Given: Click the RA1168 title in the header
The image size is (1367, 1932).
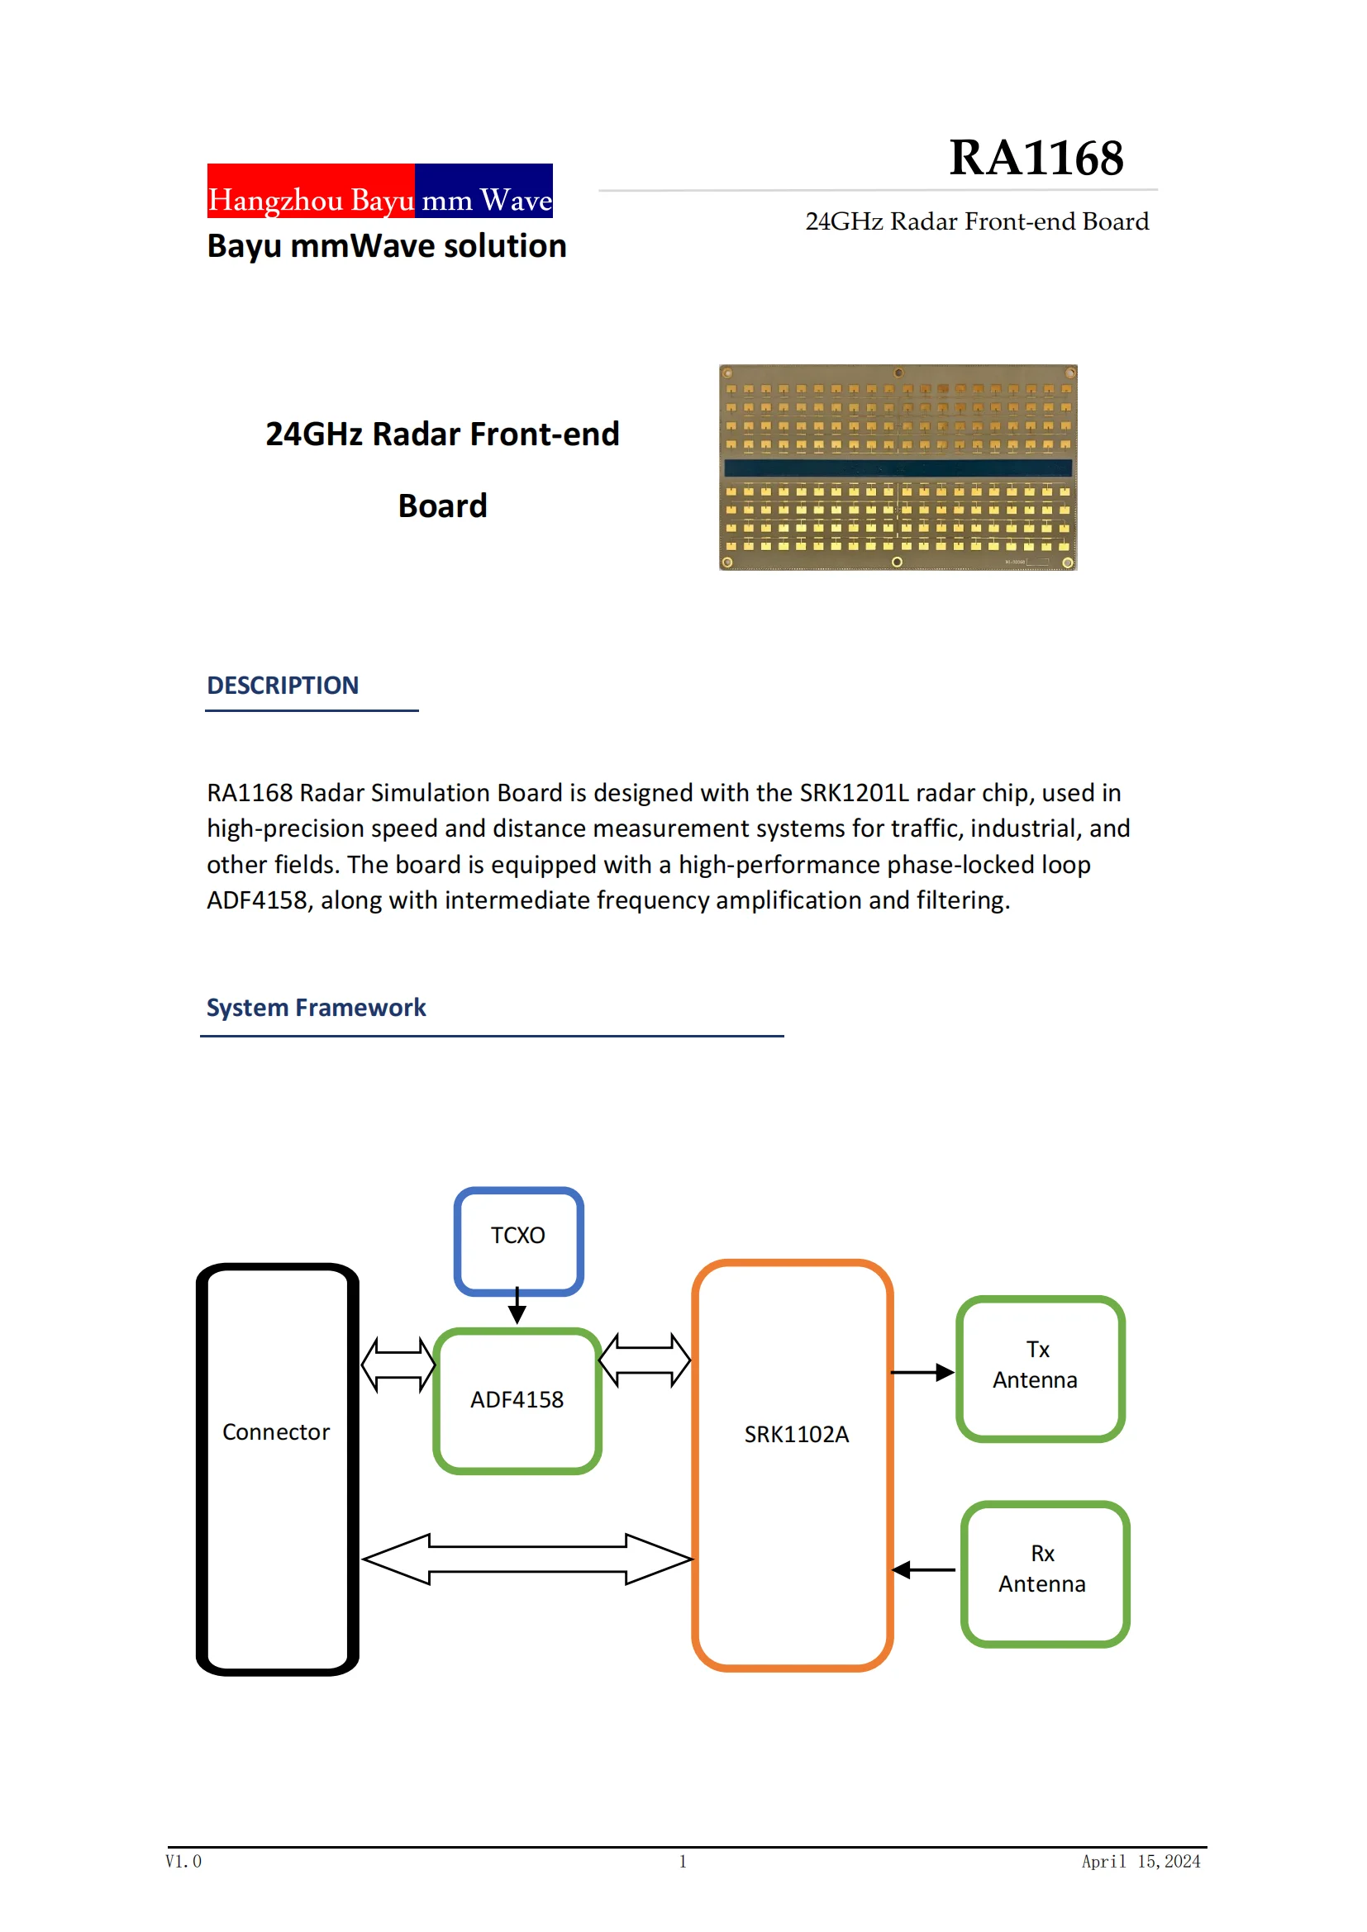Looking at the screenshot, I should point(1036,159).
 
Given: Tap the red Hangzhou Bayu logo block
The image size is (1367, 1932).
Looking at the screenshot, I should point(311,191).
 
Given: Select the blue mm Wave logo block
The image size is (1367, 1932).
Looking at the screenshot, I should point(484,191).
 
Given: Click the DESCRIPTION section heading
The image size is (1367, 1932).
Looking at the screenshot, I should point(283,686).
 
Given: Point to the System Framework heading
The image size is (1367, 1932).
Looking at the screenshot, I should point(316,1008).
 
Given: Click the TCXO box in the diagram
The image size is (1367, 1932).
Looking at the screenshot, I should point(518,1241).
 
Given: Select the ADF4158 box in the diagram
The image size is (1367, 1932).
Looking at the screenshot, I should point(517,1400).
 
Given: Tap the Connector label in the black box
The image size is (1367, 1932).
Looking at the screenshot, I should point(276,1432).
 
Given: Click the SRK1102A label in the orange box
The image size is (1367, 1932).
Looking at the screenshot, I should point(796,1435).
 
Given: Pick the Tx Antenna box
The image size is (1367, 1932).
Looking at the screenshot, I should point(1040,1369).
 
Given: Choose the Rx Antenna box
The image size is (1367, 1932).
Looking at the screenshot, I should point(1045,1574).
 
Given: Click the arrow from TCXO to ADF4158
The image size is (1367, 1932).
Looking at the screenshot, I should point(517,1307).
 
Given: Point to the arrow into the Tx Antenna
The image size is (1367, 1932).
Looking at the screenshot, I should point(922,1374).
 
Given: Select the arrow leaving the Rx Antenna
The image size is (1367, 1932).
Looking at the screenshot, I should point(923,1570).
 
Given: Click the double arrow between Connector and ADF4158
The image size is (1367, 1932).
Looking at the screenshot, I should point(398,1365).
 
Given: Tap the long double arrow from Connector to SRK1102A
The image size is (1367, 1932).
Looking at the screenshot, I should point(527,1559).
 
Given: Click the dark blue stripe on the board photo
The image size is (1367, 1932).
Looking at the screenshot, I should point(898,468).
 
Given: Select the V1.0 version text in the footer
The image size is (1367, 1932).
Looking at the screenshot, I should point(183,1861).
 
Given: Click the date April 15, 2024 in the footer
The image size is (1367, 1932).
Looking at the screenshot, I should point(1141,1861).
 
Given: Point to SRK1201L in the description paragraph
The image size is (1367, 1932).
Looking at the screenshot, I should point(854,794).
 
